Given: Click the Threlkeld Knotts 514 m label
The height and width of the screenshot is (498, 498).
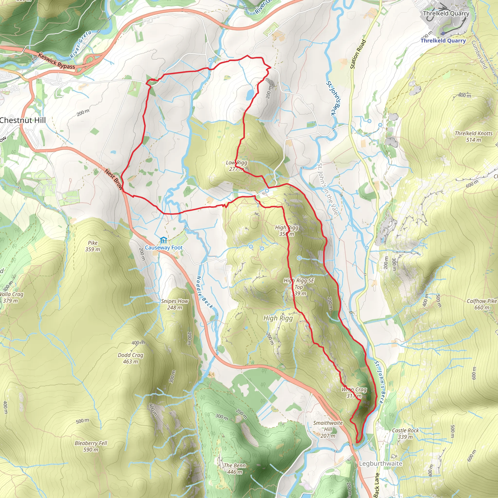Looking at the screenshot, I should click(473, 137).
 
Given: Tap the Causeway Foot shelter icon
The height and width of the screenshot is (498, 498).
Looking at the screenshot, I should click(163, 240).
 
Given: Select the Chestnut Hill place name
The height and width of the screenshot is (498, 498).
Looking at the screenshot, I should click(23, 120).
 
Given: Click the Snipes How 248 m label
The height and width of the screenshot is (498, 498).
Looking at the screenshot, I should click(175, 304).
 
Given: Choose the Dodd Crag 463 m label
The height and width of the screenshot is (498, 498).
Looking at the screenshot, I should click(130, 358).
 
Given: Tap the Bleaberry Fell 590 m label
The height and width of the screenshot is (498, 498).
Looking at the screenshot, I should click(91, 446).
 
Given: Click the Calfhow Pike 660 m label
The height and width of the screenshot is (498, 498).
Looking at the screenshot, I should click(481, 304).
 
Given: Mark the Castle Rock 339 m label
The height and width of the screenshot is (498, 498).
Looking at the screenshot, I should click(405, 433).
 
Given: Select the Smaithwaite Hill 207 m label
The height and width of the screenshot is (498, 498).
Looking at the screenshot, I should click(328, 429).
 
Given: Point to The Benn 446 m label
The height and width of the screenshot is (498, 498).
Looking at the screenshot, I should click(235, 468).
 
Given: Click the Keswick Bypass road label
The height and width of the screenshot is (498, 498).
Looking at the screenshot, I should click(56, 61).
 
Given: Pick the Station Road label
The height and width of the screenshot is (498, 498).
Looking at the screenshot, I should click(358, 54).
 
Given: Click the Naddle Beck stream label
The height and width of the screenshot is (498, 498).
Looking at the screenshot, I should click(205, 292).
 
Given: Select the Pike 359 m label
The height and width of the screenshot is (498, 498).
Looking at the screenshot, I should click(93, 246).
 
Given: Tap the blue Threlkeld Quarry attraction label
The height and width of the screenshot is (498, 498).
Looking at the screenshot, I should click(443, 40).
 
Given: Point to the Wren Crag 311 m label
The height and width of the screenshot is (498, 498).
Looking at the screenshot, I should click(354, 392).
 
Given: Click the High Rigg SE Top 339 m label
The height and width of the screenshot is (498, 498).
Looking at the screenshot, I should click(299, 287).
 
